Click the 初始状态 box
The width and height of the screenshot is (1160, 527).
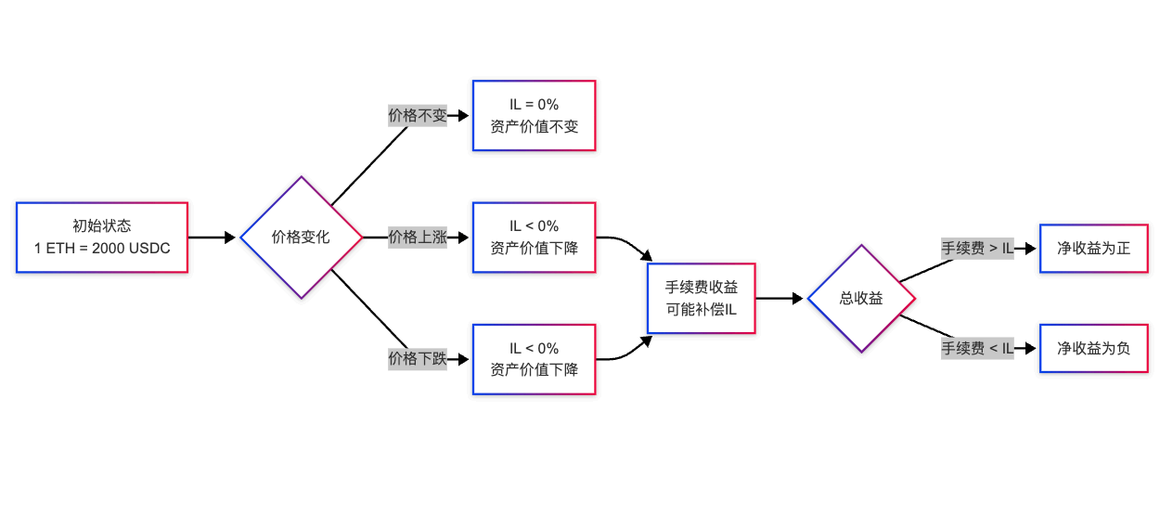(x=102, y=238)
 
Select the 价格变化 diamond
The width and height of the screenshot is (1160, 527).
(x=301, y=238)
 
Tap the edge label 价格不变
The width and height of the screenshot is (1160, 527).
(x=418, y=116)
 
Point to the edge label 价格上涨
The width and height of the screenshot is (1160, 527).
(x=418, y=238)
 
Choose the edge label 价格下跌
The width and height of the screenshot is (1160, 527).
(x=418, y=359)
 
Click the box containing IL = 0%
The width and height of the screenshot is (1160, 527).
(x=534, y=116)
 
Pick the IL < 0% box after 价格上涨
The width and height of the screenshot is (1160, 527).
(x=534, y=238)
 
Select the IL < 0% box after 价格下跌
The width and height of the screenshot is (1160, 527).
(x=534, y=359)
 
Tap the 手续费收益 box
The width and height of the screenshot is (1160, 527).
(x=702, y=299)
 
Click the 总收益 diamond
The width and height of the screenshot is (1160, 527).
(x=861, y=299)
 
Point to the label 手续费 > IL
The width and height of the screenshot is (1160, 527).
(x=977, y=249)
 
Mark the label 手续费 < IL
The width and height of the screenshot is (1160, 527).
(x=977, y=349)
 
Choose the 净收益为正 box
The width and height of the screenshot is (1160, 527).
(x=1094, y=249)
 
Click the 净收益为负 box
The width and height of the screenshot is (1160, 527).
(x=1094, y=349)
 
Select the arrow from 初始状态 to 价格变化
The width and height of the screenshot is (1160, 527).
(x=213, y=238)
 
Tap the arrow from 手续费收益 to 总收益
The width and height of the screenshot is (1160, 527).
(x=780, y=299)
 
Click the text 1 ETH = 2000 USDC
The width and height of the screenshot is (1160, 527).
(x=102, y=249)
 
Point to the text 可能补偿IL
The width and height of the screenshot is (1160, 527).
(x=702, y=309)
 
